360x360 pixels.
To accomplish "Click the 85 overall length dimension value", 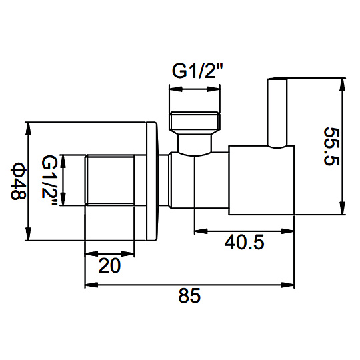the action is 189,296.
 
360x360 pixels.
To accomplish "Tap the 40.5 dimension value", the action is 244,243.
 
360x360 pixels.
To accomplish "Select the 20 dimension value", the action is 109,265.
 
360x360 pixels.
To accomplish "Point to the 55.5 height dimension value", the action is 331,147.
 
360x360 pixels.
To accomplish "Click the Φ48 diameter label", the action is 19,181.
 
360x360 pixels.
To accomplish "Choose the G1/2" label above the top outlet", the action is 197,71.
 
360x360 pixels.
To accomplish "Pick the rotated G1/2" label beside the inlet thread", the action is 49,180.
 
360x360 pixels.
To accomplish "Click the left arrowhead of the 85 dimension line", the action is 91,285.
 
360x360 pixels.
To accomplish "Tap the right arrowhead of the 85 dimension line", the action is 288,285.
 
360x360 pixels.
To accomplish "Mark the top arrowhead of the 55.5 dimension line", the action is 342,85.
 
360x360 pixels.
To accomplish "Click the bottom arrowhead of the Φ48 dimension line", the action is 28,234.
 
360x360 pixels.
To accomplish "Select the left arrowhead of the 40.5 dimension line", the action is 201,231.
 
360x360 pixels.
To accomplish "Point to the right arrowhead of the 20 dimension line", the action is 128,254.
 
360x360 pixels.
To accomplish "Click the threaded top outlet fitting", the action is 195,120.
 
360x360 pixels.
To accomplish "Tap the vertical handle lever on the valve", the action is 277,113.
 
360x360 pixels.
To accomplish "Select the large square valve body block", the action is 261,180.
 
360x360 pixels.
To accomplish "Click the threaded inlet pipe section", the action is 109,180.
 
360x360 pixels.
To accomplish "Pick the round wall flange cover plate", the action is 152,181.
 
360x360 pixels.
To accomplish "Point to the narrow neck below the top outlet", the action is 195,143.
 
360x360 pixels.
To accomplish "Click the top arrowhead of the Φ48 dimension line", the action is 28,129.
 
